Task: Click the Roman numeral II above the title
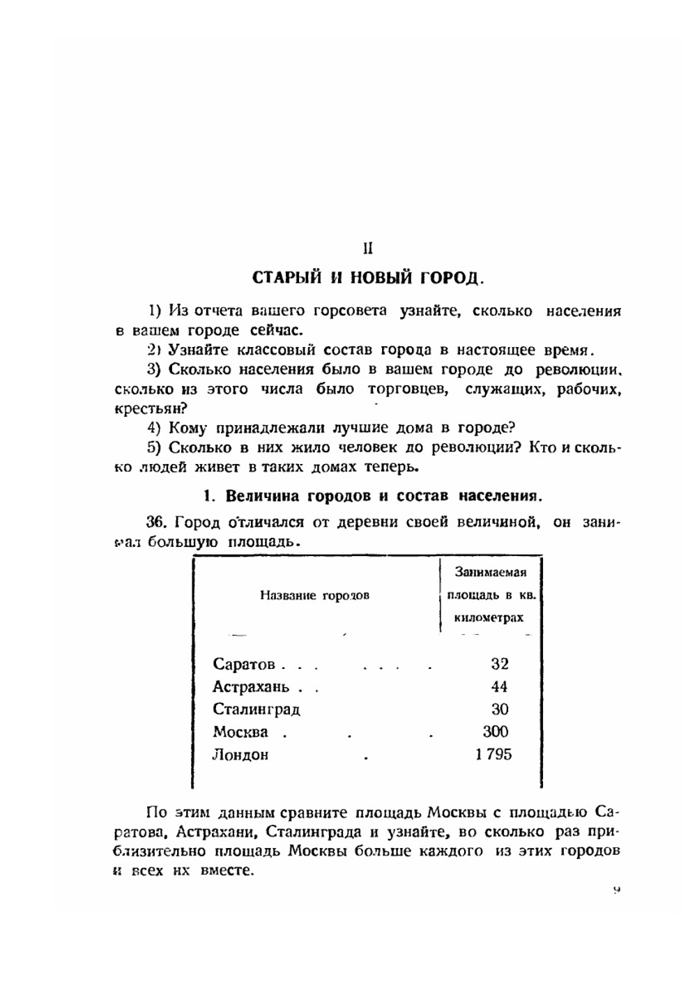369,248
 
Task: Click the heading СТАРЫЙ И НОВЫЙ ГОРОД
367,277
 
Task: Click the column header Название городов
314,595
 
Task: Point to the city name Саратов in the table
244,664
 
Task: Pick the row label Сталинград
256,709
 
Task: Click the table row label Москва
240,732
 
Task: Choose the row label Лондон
240,755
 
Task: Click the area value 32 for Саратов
499,663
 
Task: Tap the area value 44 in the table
499,686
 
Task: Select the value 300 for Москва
496,732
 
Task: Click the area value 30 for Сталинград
499,709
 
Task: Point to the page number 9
617,890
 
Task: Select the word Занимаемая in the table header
490,572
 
